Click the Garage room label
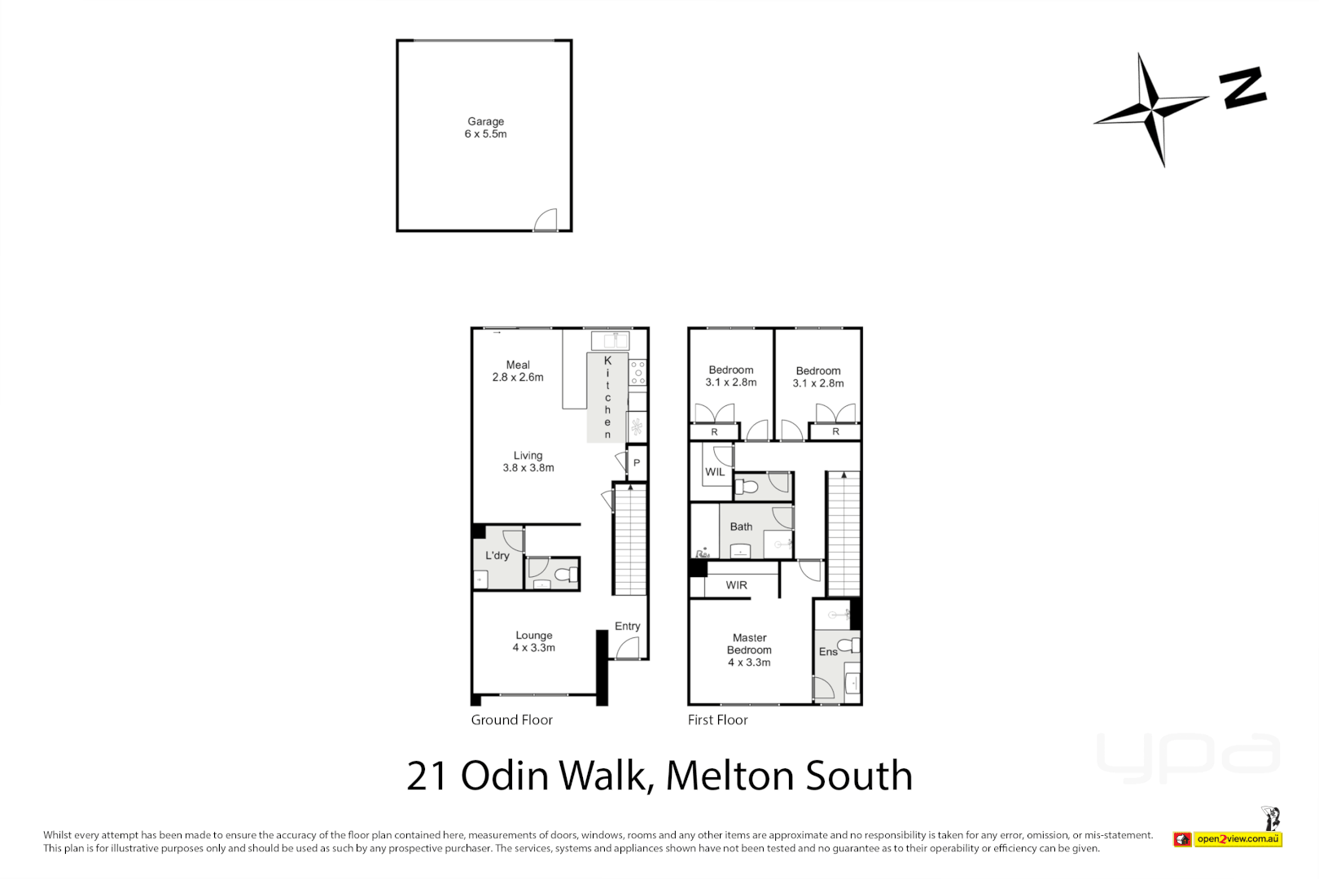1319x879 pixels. click(485, 127)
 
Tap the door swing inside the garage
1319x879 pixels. click(546, 221)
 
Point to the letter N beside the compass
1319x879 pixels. click(1242, 87)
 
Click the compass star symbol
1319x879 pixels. click(1151, 110)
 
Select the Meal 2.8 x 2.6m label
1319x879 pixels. click(518, 371)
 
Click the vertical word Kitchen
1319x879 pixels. click(607, 397)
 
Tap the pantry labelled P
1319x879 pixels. click(637, 462)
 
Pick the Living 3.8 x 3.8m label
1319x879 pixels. click(528, 461)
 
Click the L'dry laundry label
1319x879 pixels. click(497, 556)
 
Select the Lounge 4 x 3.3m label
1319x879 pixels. click(534, 641)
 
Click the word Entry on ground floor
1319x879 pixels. click(627, 626)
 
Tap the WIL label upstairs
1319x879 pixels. click(715, 472)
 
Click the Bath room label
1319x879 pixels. click(741, 527)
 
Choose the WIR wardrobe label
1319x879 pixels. click(736, 585)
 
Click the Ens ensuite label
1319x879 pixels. click(828, 652)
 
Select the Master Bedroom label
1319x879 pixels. click(749, 649)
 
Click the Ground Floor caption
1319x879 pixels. click(511, 719)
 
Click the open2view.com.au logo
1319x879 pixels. click(1238, 839)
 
